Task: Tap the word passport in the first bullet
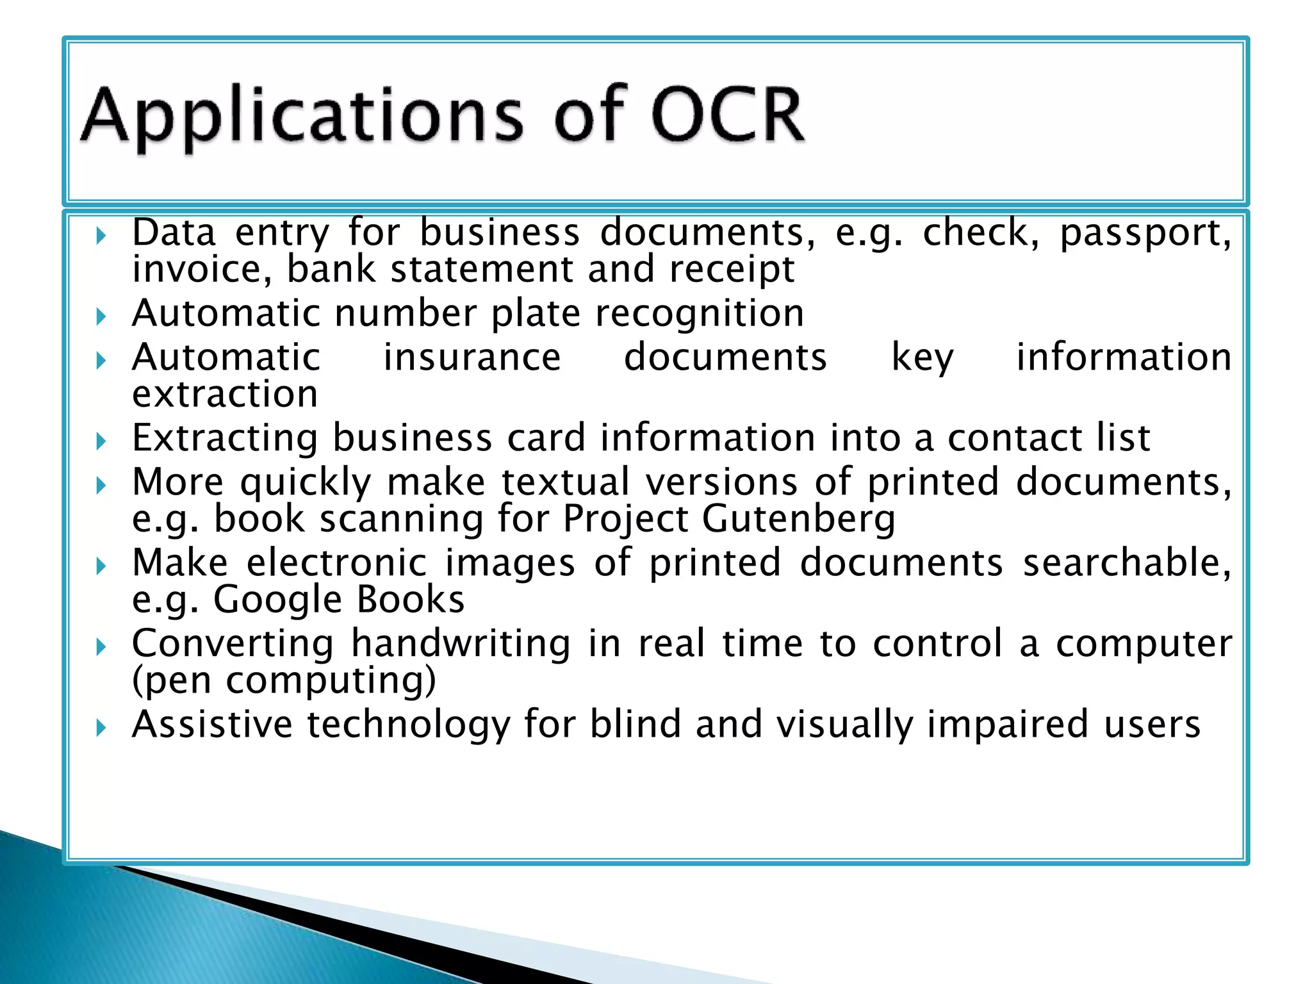[1145, 234]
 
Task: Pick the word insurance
[472, 357]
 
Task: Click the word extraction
[225, 394]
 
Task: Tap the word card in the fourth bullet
[546, 438]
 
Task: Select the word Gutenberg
[799, 518]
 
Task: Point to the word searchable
[1126, 563]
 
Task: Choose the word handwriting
[461, 643]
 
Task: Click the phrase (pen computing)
[284, 680]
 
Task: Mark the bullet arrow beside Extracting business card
[101, 441]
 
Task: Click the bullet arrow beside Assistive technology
[101, 727]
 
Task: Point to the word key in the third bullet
[922, 358]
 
